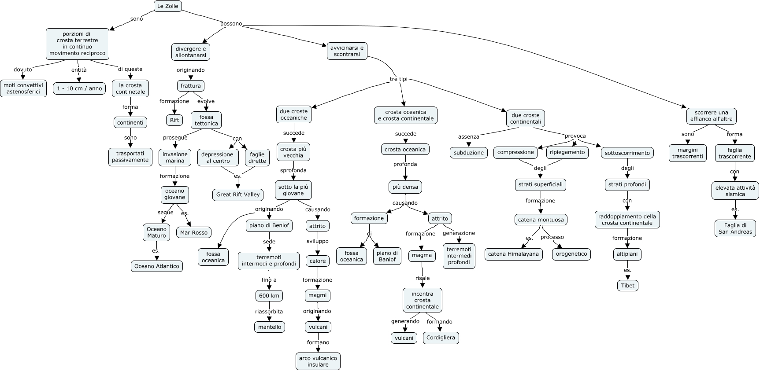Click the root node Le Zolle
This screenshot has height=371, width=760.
click(168, 6)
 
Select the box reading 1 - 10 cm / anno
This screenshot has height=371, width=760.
click(79, 88)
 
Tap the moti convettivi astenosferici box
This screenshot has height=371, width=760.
click(23, 88)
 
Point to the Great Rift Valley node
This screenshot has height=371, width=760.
click(238, 195)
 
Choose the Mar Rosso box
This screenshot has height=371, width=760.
click(194, 232)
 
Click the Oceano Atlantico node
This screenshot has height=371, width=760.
click(157, 266)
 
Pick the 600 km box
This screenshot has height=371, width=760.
click(269, 296)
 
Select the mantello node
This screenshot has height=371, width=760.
click(270, 327)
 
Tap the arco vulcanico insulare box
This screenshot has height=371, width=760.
click(318, 361)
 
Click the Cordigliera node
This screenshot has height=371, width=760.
click(441, 338)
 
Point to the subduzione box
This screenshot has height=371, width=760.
click(469, 153)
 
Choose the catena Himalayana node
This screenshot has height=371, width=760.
click(513, 254)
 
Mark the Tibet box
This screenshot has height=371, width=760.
click(628, 286)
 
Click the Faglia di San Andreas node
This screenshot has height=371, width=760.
click(735, 228)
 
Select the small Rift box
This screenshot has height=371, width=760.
click(174, 120)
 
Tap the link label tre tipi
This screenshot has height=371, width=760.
click(399, 79)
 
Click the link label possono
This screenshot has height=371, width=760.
click(231, 24)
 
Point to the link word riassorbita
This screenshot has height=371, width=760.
click(269, 312)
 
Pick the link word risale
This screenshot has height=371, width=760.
click(423, 278)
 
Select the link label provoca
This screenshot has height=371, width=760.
click(575, 136)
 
